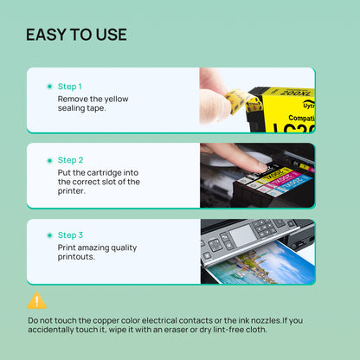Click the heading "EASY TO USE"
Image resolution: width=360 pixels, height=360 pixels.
(76, 35)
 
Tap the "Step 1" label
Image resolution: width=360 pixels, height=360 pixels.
(69, 87)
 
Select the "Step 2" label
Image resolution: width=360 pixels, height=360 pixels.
(69, 160)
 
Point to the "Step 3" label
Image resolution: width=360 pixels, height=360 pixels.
(69, 235)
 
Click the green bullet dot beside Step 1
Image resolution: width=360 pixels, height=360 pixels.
(48, 87)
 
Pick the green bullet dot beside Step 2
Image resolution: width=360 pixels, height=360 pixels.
(48, 160)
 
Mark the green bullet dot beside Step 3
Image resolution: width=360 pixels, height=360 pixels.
(48, 235)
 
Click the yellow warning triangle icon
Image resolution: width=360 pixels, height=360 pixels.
(36, 301)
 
